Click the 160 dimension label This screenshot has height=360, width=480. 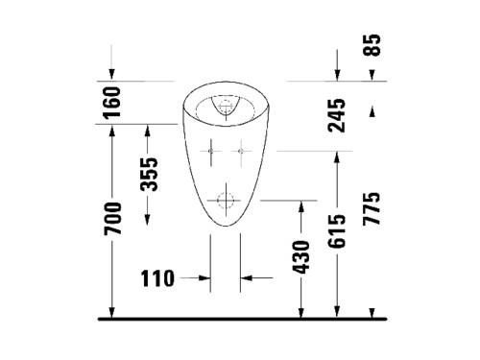112,102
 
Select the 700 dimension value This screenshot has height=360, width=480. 112,218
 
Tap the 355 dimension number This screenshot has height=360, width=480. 150,175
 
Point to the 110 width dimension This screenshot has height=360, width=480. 157,278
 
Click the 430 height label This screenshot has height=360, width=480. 301,257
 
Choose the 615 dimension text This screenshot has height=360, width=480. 337,231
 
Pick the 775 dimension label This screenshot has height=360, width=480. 372,208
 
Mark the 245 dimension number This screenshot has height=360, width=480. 337,115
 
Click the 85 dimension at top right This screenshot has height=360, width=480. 372,45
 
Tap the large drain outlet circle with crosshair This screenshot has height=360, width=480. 226,201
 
